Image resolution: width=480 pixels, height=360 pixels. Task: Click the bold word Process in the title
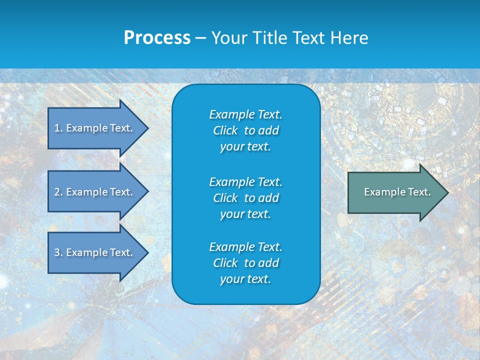click(157, 38)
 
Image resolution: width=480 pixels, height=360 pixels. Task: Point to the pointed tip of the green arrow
click(446, 192)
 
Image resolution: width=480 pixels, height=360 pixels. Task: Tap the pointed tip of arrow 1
click(147, 128)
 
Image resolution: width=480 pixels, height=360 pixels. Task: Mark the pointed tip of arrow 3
click(147, 252)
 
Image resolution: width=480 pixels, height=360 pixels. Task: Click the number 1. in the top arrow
click(58, 128)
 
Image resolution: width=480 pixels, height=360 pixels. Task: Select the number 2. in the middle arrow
click(58, 192)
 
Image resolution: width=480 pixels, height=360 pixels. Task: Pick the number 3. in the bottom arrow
click(58, 252)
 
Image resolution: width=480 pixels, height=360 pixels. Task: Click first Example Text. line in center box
click(245, 114)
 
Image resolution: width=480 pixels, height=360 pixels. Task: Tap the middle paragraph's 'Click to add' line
click(245, 198)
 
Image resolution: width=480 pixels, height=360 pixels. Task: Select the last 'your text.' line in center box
click(245, 279)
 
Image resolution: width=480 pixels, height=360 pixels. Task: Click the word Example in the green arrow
click(381, 192)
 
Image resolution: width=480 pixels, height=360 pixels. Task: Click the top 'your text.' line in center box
click(245, 147)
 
